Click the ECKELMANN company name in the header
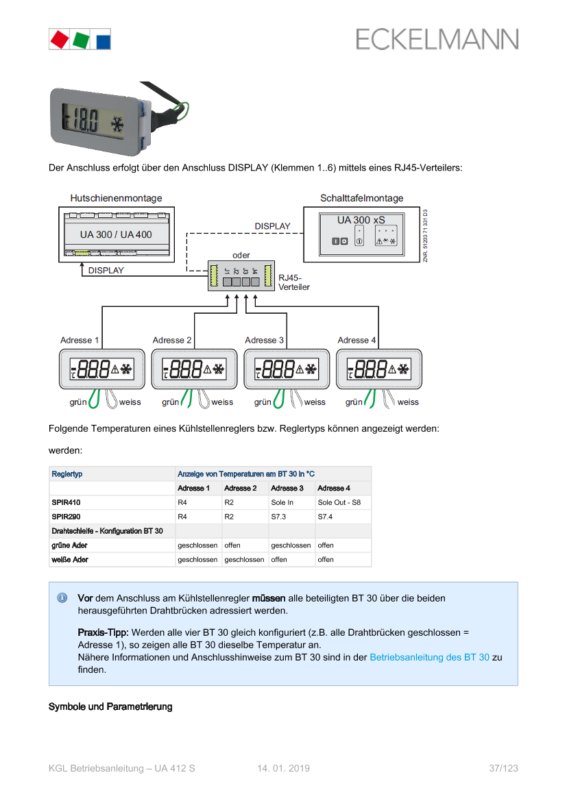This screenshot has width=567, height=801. pyautogui.click(x=437, y=39)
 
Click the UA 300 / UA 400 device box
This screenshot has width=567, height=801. pyautogui.click(x=116, y=234)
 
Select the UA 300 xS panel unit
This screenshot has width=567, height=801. pyautogui.click(x=361, y=233)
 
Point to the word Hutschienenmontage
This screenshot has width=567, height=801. pyautogui.click(x=116, y=198)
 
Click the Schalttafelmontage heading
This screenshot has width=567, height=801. pyautogui.click(x=361, y=198)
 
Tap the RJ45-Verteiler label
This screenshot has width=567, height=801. pyautogui.click(x=293, y=282)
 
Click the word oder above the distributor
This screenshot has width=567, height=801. pyautogui.click(x=241, y=255)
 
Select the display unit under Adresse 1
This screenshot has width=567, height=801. pyautogui.click(x=101, y=370)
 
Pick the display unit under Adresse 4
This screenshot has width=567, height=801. pyautogui.click(x=379, y=370)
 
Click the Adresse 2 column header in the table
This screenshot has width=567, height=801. pyautogui.click(x=241, y=489)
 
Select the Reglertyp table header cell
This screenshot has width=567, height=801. pyautogui.click(x=67, y=474)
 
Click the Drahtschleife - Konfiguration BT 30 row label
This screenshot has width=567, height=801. pyautogui.click(x=108, y=531)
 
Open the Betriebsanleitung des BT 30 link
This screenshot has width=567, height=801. pyautogui.click(x=429, y=657)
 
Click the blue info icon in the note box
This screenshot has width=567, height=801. pyautogui.click(x=62, y=598)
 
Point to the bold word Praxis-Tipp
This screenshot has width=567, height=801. pyautogui.click(x=103, y=632)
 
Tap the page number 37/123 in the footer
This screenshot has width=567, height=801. pyautogui.click(x=503, y=769)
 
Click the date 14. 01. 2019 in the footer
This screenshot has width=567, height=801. pyautogui.click(x=284, y=769)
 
